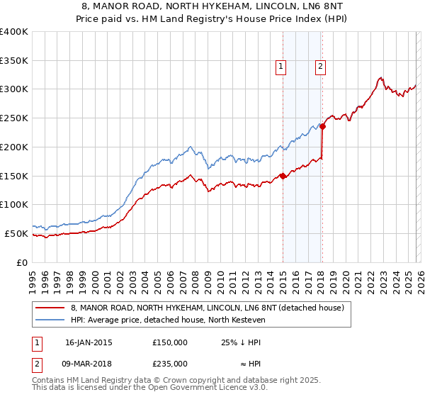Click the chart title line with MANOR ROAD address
click(212, 6)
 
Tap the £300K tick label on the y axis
click(14, 89)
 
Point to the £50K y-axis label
click(16, 233)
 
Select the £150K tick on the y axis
click(14, 176)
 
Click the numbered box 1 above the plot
click(281, 67)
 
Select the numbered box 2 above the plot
click(320, 67)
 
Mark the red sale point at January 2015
click(283, 176)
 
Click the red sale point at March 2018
click(322, 127)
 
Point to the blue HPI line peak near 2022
click(381, 78)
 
